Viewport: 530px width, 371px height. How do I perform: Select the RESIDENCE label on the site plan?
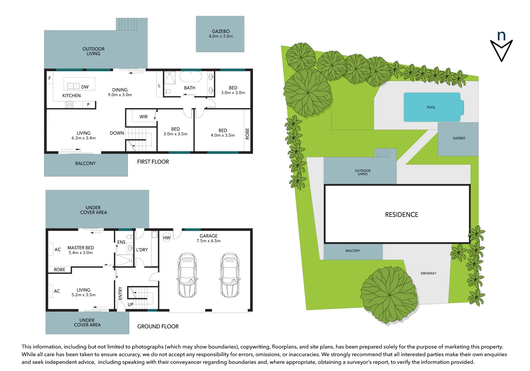(x=401, y=215)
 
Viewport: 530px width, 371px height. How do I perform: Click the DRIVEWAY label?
(x=428, y=273)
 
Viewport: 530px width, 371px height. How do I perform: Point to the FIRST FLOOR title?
(x=153, y=162)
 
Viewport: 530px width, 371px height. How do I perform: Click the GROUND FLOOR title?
(x=158, y=326)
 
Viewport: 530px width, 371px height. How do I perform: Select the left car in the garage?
(x=187, y=276)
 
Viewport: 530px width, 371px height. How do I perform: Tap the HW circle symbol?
(x=167, y=238)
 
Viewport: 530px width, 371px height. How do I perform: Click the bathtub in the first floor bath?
(x=190, y=77)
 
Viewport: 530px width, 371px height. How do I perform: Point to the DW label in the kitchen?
(x=85, y=87)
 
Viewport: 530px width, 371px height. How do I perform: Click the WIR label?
(x=143, y=117)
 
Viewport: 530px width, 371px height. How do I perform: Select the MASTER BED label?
(x=80, y=248)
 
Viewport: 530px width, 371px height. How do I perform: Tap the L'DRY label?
(x=142, y=250)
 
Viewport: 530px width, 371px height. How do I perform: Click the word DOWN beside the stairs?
(x=117, y=133)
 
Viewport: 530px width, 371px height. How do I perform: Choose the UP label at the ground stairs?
(x=131, y=304)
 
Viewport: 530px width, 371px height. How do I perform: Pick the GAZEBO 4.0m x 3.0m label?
(x=221, y=34)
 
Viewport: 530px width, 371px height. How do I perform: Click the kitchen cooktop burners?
(x=69, y=104)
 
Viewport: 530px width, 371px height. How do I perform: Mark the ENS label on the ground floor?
(x=121, y=242)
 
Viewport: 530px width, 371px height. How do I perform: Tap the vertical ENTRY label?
(x=120, y=293)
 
